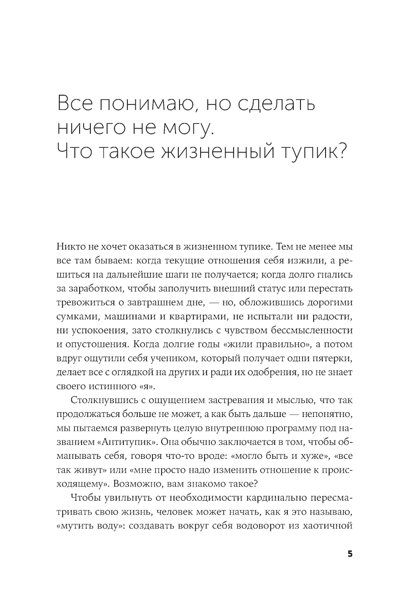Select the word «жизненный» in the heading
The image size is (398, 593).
[x=217, y=152]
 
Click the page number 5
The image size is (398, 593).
[x=350, y=554]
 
